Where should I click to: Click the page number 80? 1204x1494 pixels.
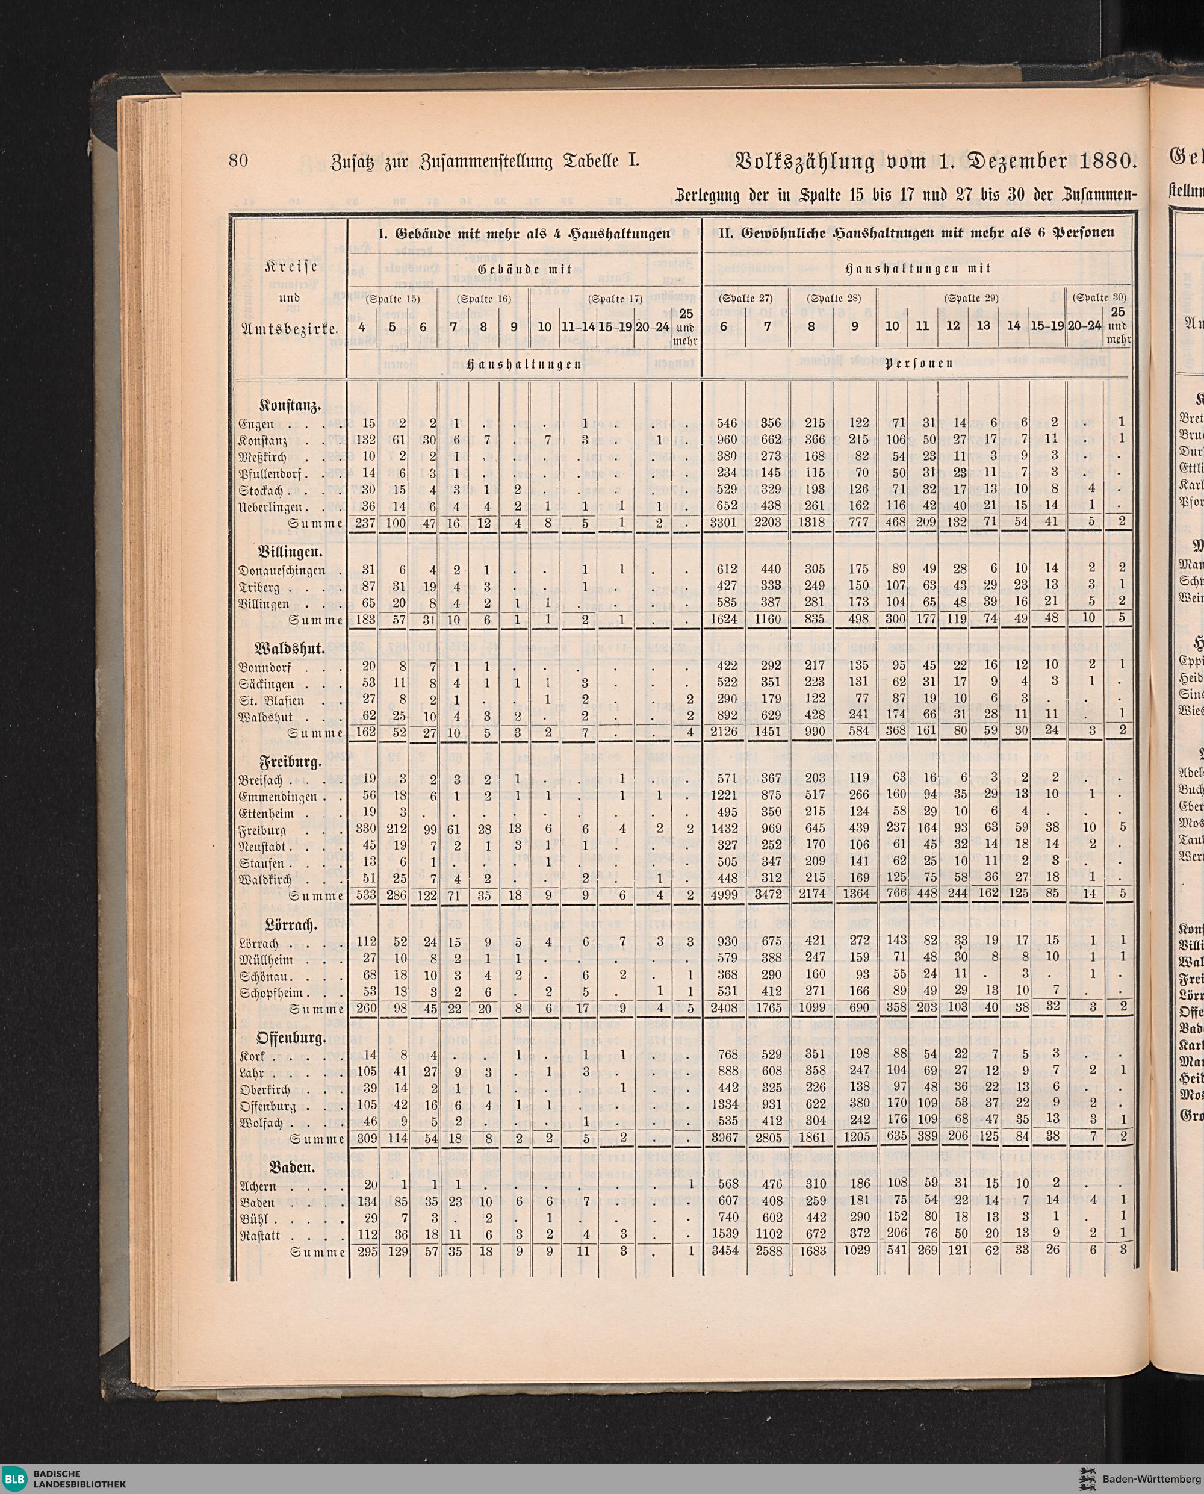tap(238, 161)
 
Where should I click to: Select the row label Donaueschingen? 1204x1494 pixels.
tap(282, 571)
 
